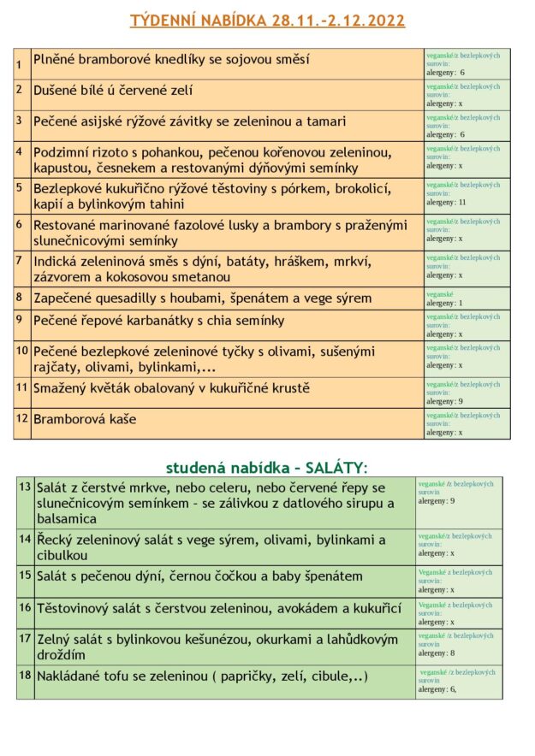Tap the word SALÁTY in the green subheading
[x=336, y=467]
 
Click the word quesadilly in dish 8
[x=128, y=298]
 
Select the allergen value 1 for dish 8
[x=460, y=303]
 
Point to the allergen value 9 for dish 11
[x=461, y=401]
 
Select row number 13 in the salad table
[x=25, y=487]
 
